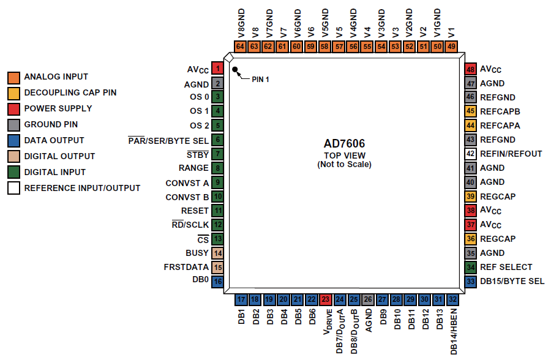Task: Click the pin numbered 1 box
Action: tap(217, 68)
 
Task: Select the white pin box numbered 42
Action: tap(471, 154)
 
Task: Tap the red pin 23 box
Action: tap(326, 299)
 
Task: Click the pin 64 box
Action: tap(240, 47)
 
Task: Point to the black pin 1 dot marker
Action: tap(234, 69)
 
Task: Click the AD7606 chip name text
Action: tap(344, 143)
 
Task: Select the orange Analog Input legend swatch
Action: tap(13, 78)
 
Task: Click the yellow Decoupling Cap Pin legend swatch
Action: tap(13, 94)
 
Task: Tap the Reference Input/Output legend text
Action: tap(82, 188)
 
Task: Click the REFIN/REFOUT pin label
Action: tap(511, 154)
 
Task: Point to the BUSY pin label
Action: tap(197, 253)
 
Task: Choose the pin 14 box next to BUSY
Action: tap(217, 253)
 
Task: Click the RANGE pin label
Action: tap(193, 168)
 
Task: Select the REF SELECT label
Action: tap(506, 267)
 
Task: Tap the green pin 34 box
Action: tap(471, 267)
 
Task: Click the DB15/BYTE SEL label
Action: tap(512, 281)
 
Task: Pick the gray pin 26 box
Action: tap(368, 299)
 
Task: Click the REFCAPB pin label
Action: tap(500, 111)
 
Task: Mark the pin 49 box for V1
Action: tap(452, 47)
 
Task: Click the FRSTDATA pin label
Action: tap(186, 267)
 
